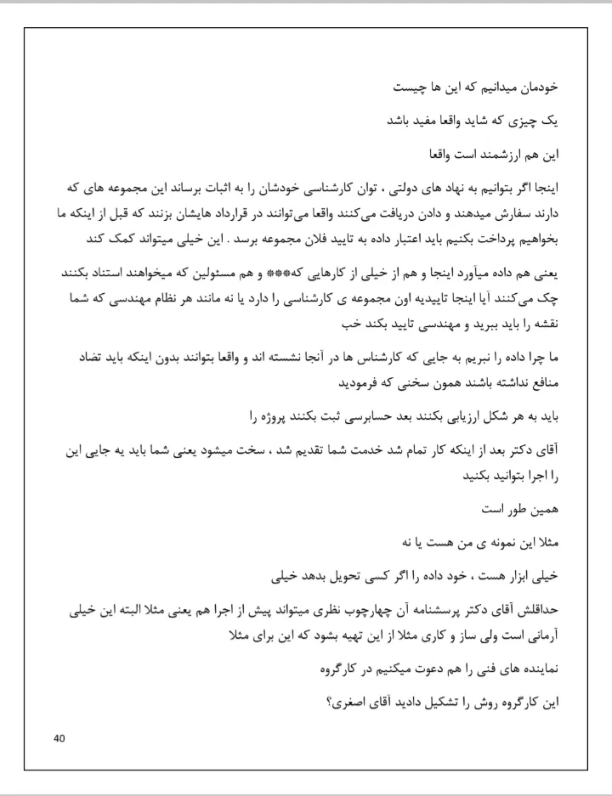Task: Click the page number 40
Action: [59, 737]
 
